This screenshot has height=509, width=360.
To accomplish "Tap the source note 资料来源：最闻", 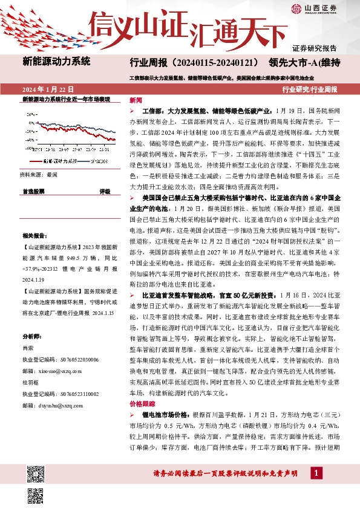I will (x=39, y=175).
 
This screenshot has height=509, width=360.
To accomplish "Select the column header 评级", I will (x=104, y=191).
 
